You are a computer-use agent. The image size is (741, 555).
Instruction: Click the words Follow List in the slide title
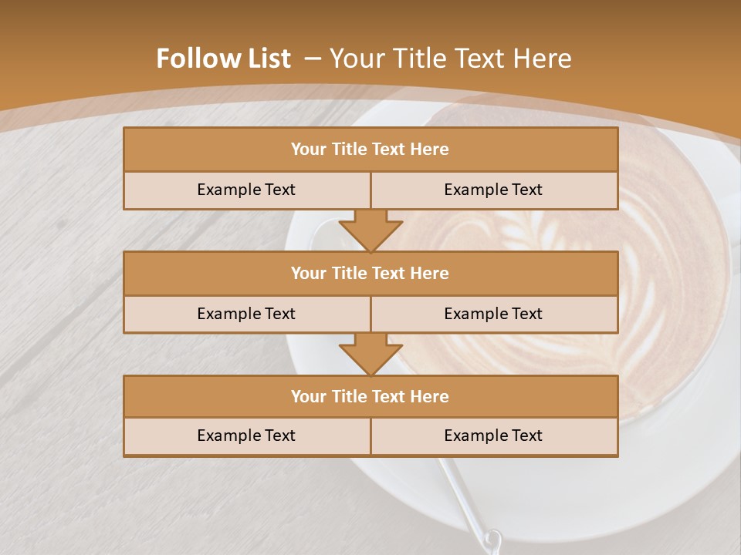223,59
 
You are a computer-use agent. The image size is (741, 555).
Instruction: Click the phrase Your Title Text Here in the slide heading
451,59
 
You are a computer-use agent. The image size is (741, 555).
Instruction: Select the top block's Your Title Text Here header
370,150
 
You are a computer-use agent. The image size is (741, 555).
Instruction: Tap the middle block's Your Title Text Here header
370,273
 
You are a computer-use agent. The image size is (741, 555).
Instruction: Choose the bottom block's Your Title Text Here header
370,396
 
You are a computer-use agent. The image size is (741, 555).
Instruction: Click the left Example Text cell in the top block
246,190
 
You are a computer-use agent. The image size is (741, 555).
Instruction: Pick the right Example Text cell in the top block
493,190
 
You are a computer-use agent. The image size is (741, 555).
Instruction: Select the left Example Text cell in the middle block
246,314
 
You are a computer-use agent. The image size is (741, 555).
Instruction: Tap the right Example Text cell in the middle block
493,314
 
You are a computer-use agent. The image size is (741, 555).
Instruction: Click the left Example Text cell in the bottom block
246,436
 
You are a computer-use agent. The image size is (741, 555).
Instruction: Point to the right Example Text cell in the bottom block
493,436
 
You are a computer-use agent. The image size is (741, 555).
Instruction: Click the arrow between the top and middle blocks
370,230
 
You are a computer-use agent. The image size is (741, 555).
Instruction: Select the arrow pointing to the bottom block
370,354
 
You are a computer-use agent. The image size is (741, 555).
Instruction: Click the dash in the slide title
313,59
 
